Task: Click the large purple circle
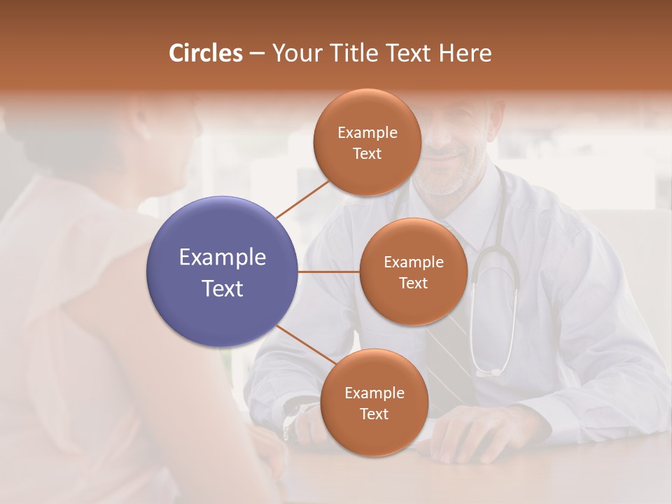pyautogui.click(x=223, y=272)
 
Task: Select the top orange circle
pyautogui.click(x=367, y=142)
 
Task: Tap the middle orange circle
pyautogui.click(x=413, y=272)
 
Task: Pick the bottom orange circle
pyautogui.click(x=374, y=402)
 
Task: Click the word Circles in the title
pyautogui.click(x=206, y=53)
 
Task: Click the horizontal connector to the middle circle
pyautogui.click(x=328, y=272)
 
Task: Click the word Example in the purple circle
pyautogui.click(x=223, y=258)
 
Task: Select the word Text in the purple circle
pyautogui.click(x=223, y=288)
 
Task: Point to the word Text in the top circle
pyautogui.click(x=367, y=153)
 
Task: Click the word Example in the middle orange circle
pyautogui.click(x=413, y=262)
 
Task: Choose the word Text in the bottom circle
pyautogui.click(x=374, y=414)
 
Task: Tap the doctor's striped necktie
pyautogui.click(x=448, y=350)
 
